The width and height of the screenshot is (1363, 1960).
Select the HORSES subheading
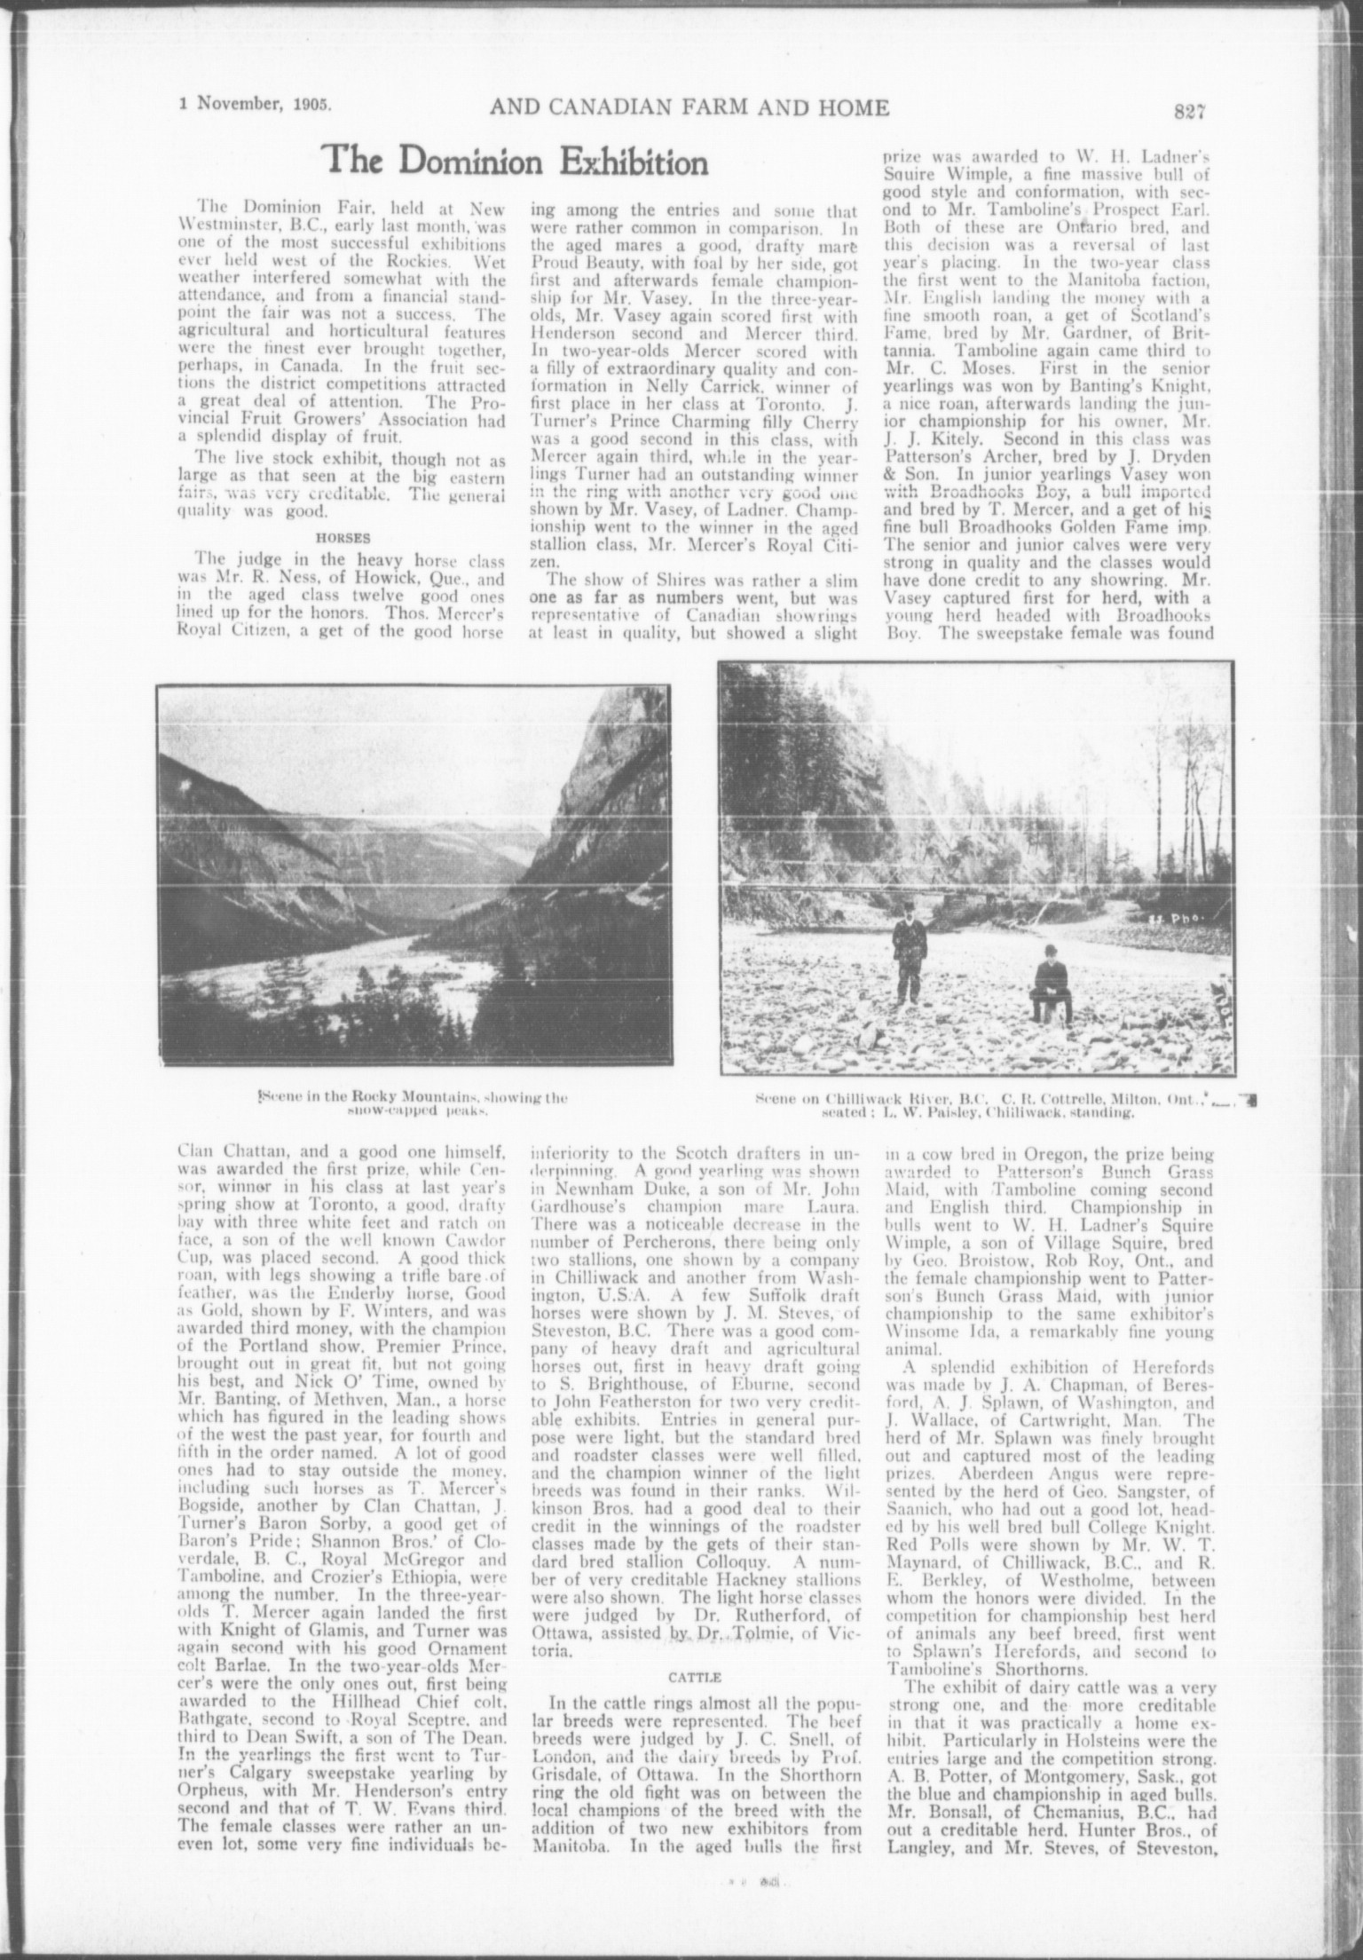point(341,536)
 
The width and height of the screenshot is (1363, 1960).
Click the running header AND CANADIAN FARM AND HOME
point(689,108)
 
